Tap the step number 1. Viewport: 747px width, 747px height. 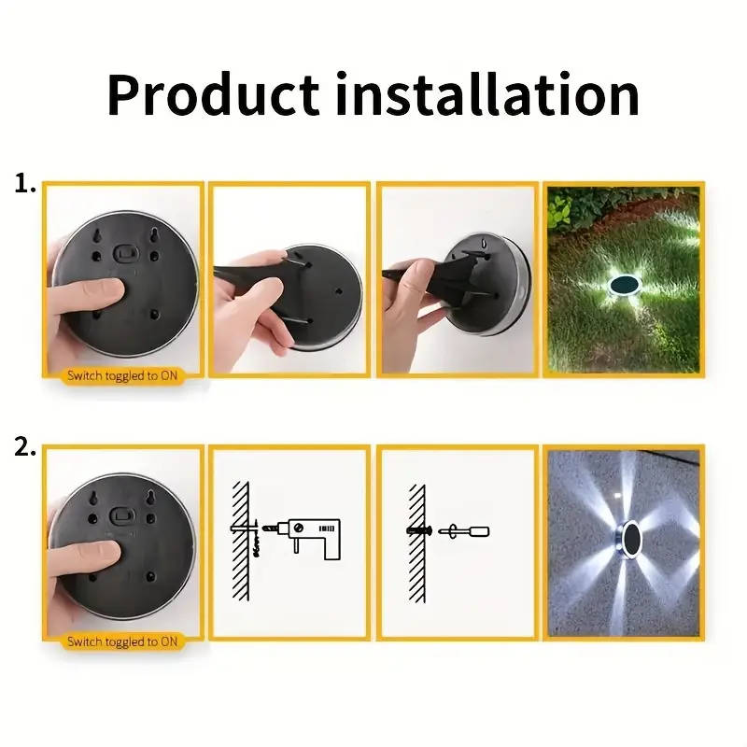25,184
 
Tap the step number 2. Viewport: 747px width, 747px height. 25,447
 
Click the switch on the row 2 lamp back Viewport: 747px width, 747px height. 125,515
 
